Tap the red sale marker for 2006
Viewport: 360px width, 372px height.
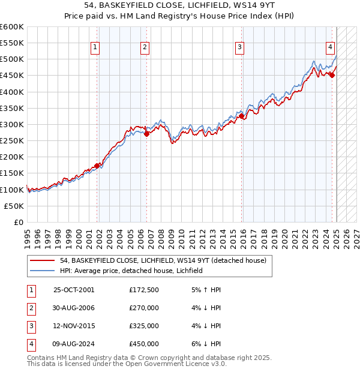146,134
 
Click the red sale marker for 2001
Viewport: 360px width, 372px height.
97,166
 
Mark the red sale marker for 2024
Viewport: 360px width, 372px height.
332,76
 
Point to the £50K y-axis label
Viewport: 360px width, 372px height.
14,206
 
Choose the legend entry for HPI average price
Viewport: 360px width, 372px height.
131,271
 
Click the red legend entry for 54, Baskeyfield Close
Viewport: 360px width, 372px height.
158,260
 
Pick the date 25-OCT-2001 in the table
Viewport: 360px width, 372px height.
74,290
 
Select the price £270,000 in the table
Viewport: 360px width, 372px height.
144,308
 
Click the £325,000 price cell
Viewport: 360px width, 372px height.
144,326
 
